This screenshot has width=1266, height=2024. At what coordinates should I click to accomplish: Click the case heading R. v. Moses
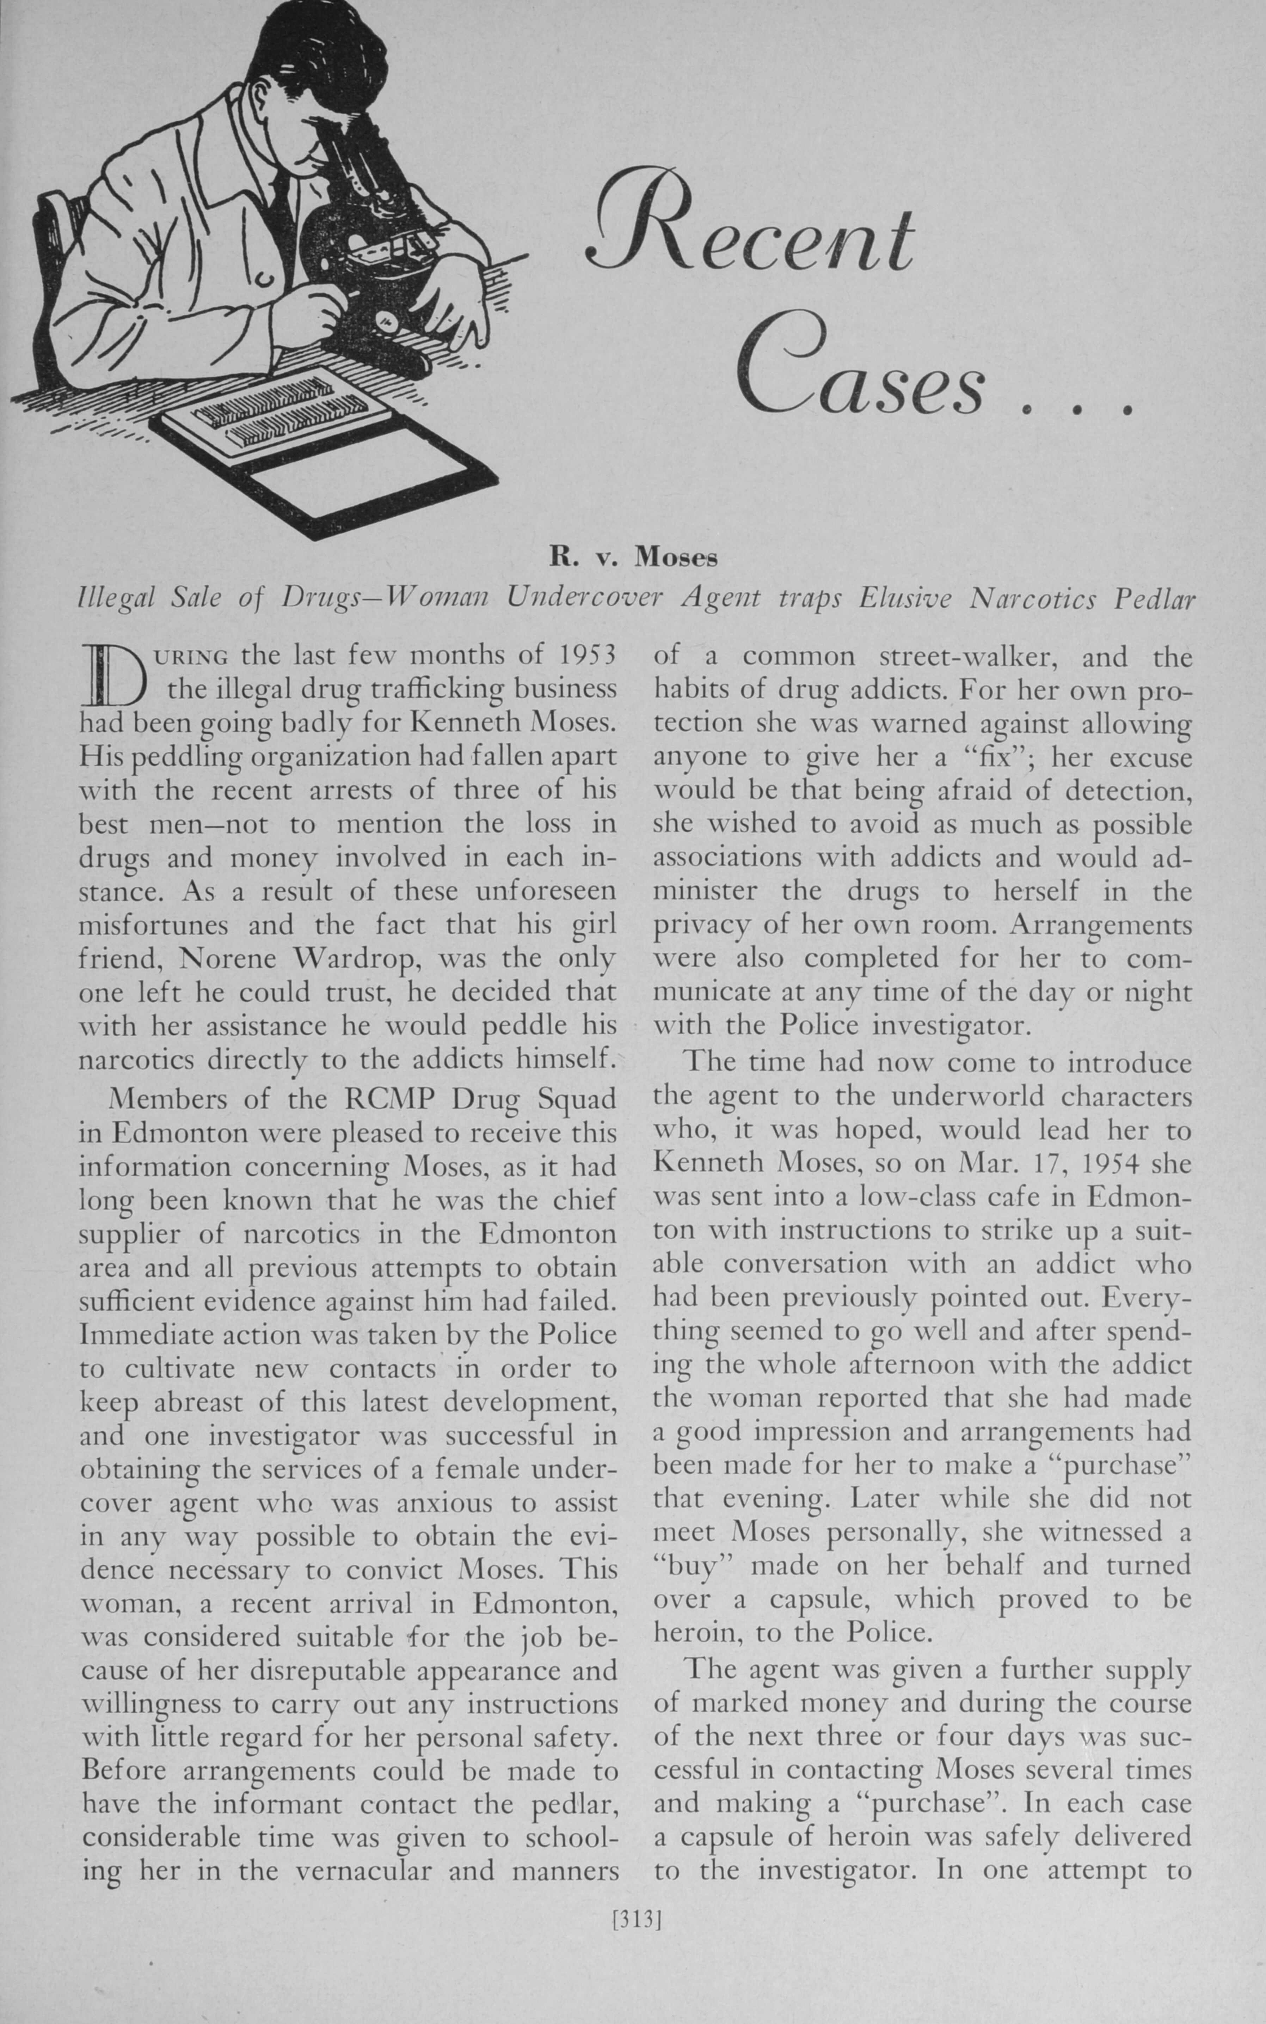[633, 555]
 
